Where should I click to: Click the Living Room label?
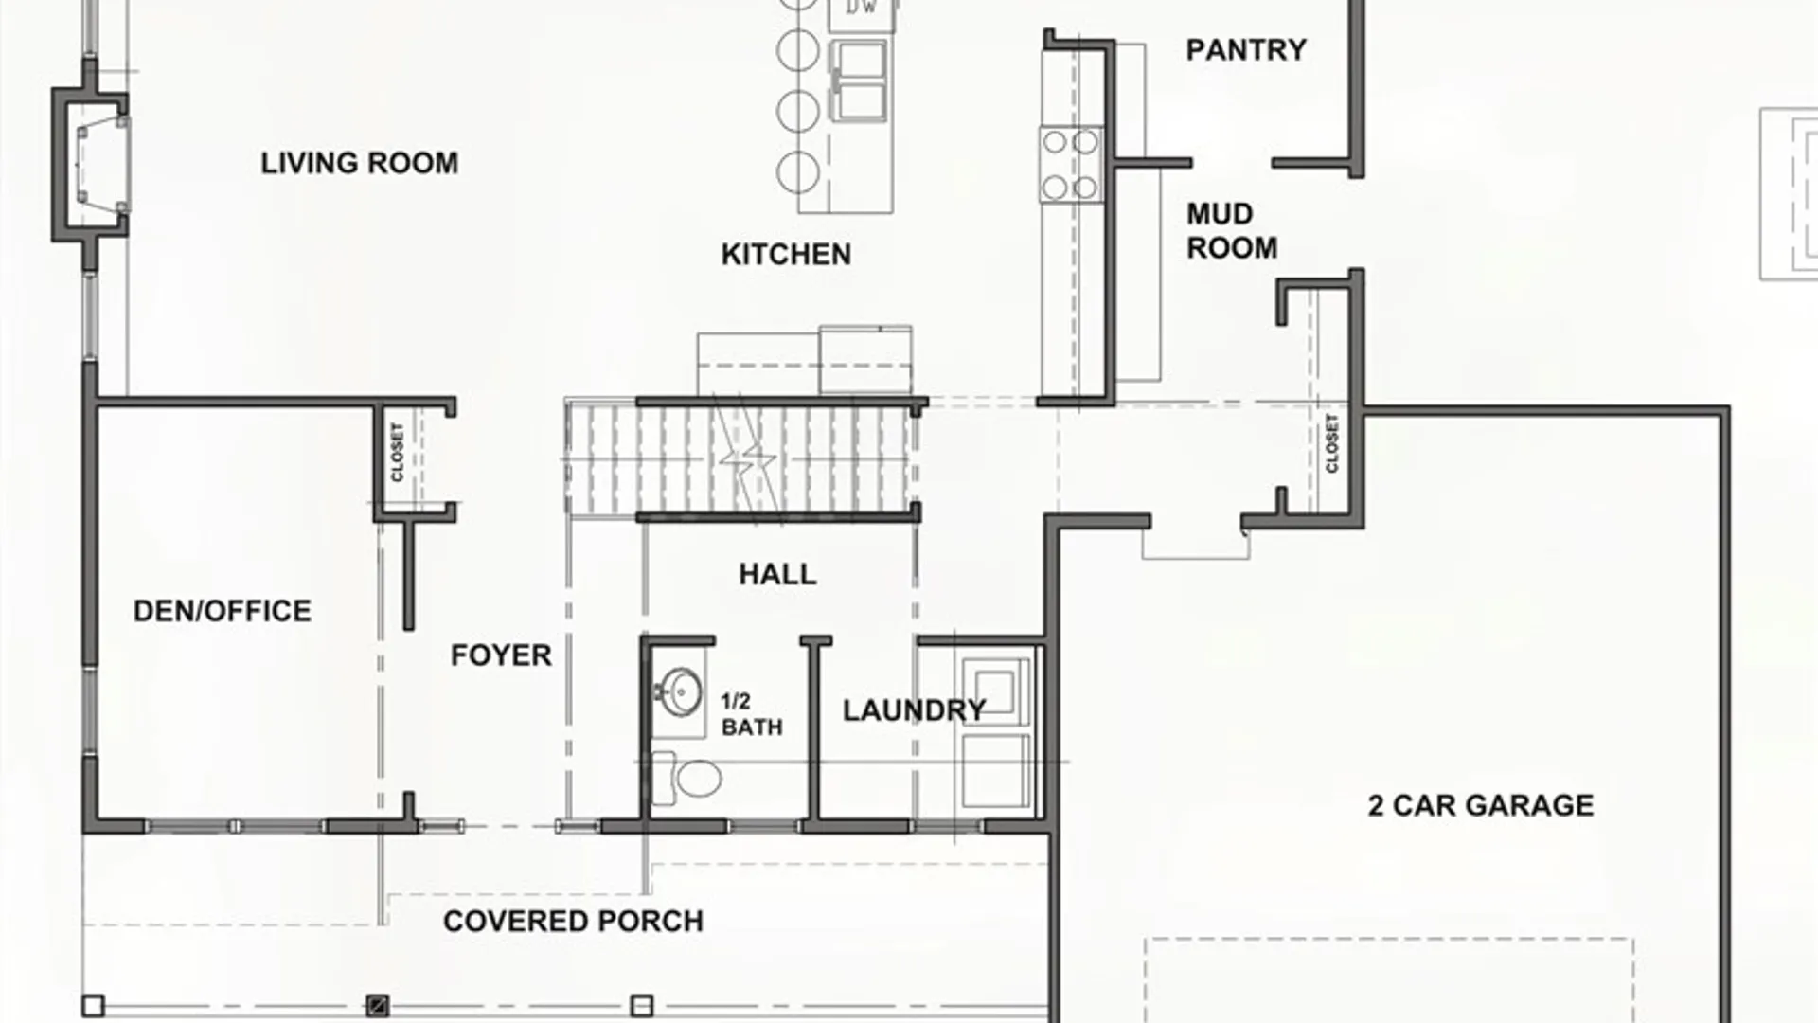click(360, 163)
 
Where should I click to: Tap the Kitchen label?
click(786, 254)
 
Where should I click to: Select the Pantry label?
click(1246, 49)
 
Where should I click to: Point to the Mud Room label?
click(1231, 230)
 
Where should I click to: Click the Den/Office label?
click(222, 611)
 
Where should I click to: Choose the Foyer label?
click(501, 655)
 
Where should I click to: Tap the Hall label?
click(777, 574)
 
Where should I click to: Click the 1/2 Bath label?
click(751, 714)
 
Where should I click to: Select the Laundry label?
click(914, 710)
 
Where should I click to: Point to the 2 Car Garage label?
click(1480, 805)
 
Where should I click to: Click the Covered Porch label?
click(573, 921)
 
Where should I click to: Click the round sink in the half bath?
click(681, 692)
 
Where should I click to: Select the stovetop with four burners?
click(1071, 165)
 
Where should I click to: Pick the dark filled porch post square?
click(377, 1005)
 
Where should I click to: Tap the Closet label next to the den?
click(397, 452)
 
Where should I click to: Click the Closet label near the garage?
click(1332, 443)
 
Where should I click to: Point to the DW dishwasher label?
click(861, 8)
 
